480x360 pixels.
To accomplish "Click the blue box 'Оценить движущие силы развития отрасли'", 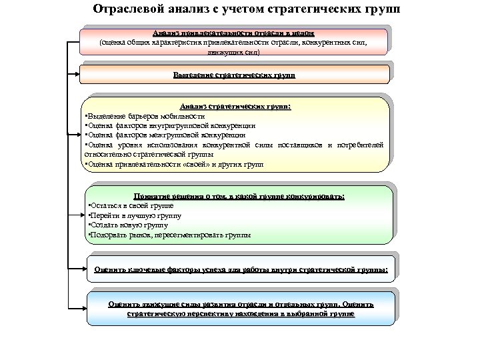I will tap(241, 309).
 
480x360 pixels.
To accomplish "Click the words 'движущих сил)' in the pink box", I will tap(233, 51).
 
